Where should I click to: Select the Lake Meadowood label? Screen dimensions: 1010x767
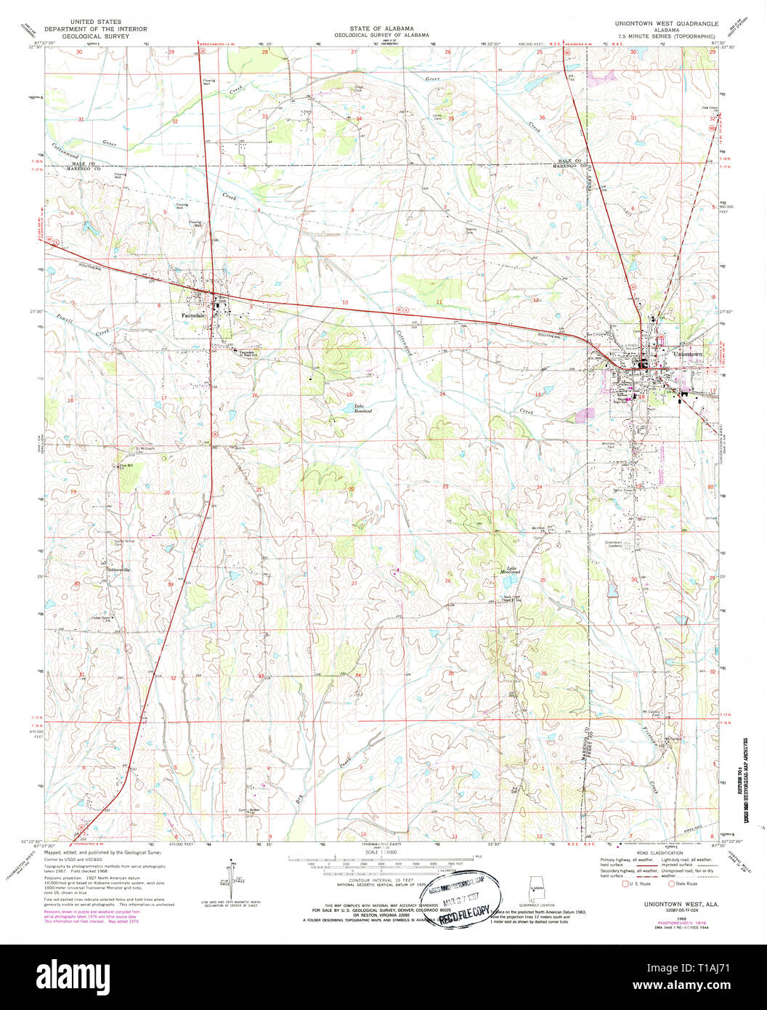[x=513, y=570]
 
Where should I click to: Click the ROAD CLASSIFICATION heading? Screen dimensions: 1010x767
[x=660, y=853]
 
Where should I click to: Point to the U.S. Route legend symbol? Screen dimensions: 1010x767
[x=624, y=884]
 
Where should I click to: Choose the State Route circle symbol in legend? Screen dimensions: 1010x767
[x=672, y=884]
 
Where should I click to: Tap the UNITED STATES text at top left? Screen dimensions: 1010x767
[x=95, y=23]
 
